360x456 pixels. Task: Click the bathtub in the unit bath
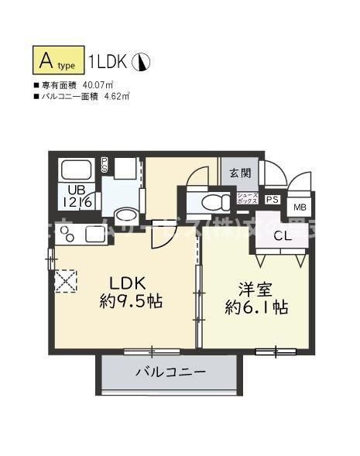76,170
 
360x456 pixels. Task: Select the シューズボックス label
248,198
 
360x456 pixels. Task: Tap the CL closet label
283,235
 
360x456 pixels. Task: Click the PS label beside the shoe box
271,199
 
